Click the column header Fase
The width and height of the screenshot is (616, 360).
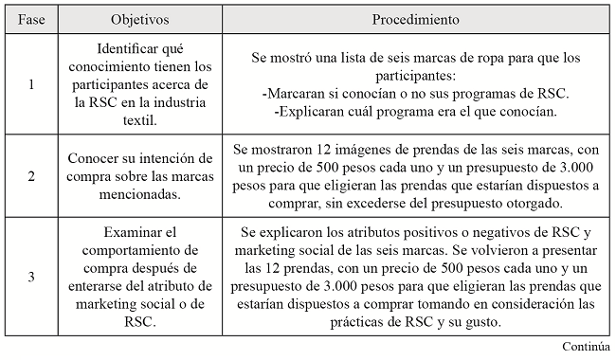tap(31, 18)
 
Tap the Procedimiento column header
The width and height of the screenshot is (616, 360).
tap(416, 18)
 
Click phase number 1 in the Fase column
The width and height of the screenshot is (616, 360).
tap(31, 84)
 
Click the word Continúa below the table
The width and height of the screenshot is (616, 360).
tap(585, 348)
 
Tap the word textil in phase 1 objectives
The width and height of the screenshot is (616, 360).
tap(140, 120)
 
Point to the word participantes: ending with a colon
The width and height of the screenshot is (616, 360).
tap(416, 75)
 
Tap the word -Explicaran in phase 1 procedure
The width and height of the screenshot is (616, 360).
tap(309, 111)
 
